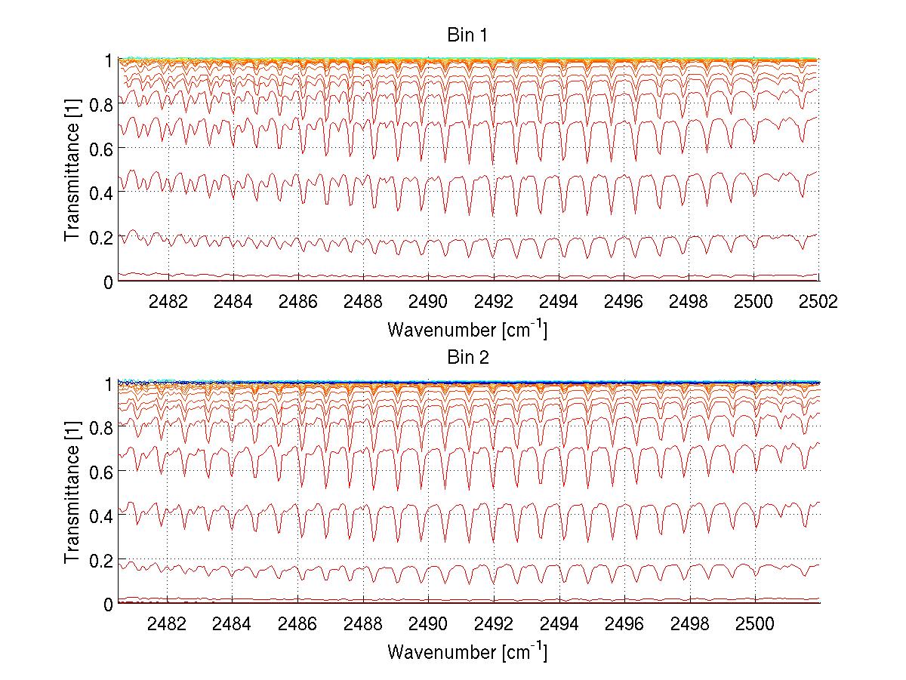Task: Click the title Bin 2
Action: pyautogui.click(x=468, y=358)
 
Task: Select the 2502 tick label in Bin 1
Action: pyautogui.click(x=818, y=302)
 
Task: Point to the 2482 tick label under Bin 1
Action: pyautogui.click(x=168, y=302)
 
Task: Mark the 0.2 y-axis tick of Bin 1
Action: pyautogui.click(x=102, y=237)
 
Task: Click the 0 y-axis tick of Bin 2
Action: pyautogui.click(x=109, y=604)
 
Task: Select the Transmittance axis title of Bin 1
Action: pyautogui.click(x=73, y=171)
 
